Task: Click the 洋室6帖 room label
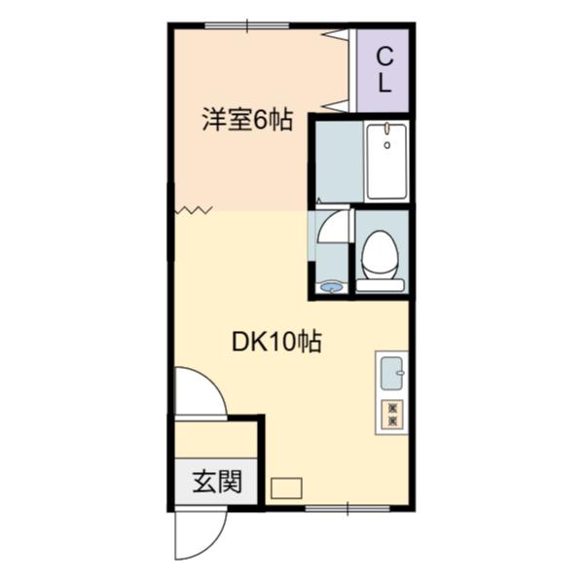247,120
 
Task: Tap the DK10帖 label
276,342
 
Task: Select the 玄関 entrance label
217,481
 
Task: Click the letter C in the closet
384,57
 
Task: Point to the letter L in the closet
384,84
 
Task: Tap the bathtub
386,162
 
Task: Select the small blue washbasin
332,288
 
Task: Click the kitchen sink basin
392,374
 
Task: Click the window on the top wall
247,25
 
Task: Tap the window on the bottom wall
347,509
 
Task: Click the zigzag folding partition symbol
194,211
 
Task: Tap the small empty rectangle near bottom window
286,489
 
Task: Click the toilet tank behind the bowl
380,285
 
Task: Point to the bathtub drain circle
387,145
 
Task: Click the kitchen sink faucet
400,373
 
